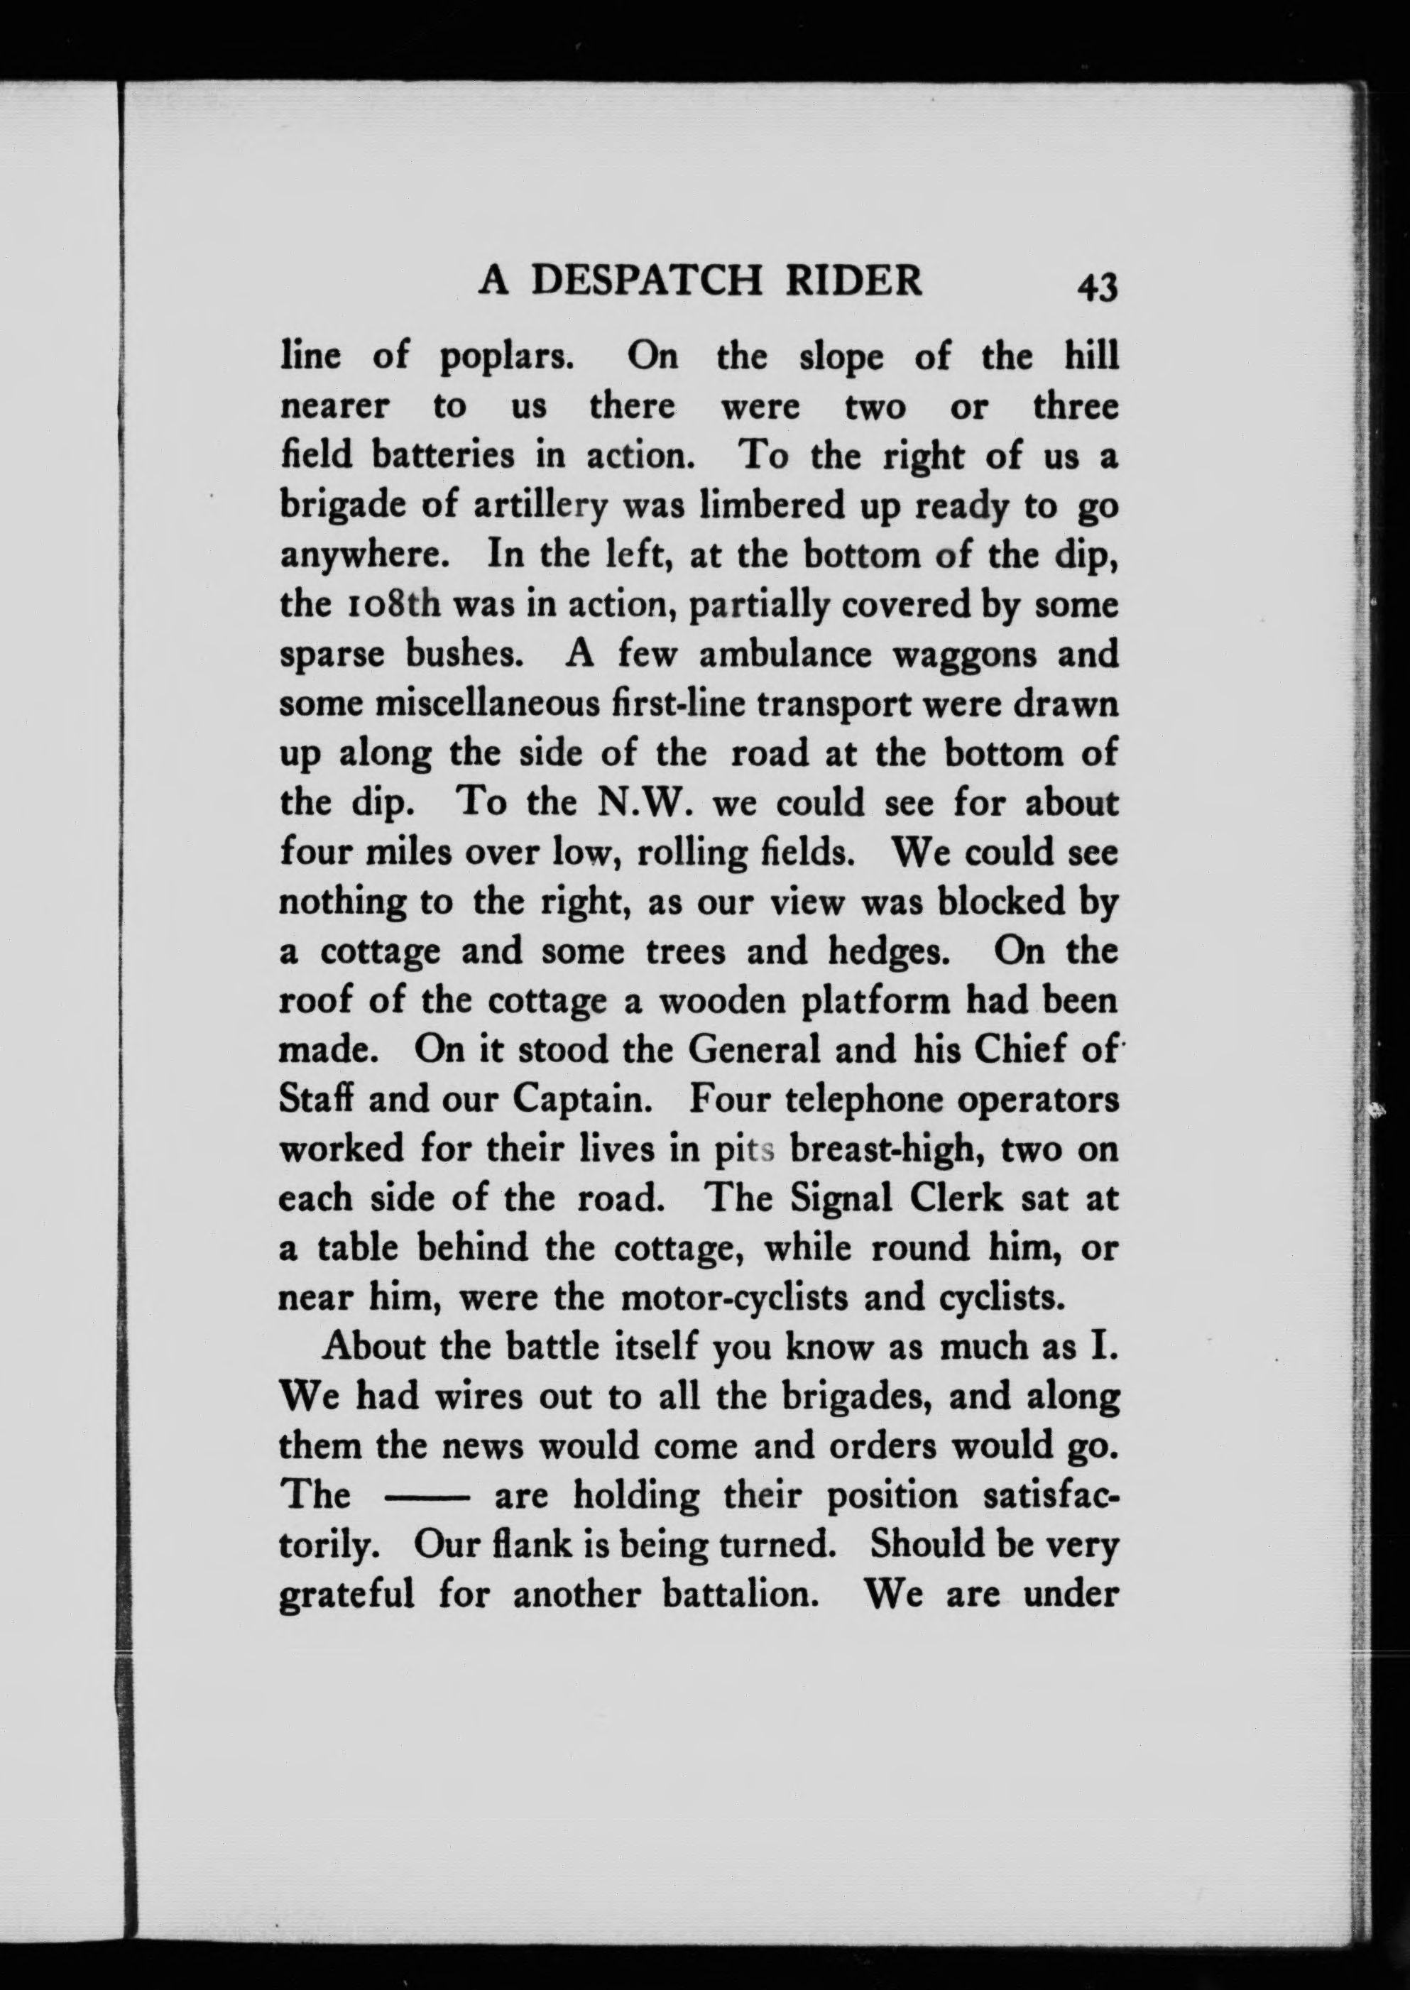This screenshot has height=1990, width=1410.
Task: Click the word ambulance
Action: pyautogui.click(x=785, y=655)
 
